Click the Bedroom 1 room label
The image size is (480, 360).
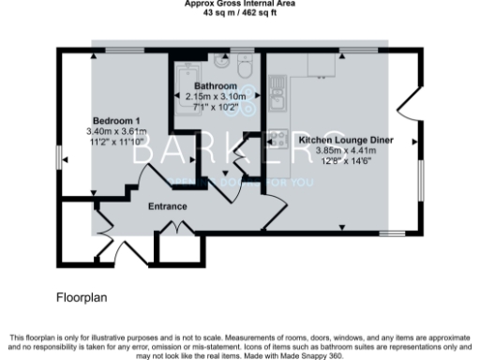click(x=113, y=121)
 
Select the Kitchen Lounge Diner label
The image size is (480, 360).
click(x=346, y=140)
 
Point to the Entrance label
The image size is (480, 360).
click(x=168, y=206)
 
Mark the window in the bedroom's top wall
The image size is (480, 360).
click(x=118, y=49)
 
